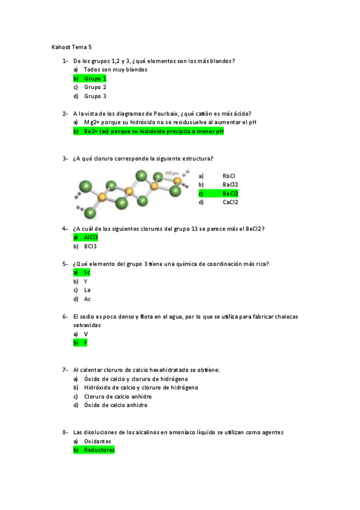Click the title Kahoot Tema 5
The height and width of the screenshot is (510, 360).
72,47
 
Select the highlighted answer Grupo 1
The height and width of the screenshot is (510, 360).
95,78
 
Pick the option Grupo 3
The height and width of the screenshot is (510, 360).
95,96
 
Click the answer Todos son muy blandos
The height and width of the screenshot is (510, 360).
115,69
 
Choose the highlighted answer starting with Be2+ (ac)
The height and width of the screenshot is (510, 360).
153,131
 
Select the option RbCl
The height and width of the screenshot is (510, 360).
229,176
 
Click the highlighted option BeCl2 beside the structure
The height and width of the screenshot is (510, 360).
230,193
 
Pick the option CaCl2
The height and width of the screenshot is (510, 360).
230,202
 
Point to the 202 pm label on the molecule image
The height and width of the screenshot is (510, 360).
172,174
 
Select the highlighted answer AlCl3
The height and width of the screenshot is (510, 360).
91,237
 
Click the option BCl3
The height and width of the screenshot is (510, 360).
90,246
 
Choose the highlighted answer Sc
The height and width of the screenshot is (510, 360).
87,272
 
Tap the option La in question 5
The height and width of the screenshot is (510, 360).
87,290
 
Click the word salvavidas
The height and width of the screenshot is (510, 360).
87,325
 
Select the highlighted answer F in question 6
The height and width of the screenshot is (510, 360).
86,342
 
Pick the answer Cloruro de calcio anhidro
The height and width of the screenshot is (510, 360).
118,396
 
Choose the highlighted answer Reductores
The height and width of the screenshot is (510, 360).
99,449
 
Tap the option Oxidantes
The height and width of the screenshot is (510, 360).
97,441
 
